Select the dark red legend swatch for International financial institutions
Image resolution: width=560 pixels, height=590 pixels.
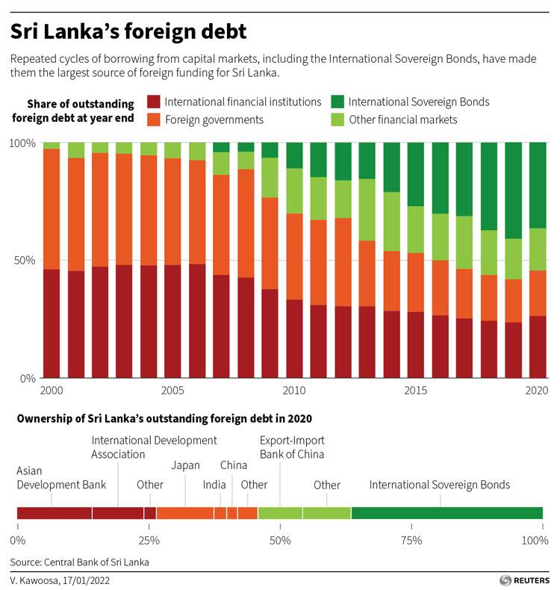(x=153, y=102)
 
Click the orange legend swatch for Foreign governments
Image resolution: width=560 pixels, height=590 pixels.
(x=153, y=119)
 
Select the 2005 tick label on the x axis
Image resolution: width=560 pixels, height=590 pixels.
(x=172, y=391)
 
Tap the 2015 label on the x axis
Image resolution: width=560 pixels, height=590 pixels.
(x=415, y=391)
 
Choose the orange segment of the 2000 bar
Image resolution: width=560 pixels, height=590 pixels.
(x=52, y=208)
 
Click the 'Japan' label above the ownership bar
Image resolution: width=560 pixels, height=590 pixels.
(x=185, y=465)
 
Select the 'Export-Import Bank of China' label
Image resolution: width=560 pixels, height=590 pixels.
(x=292, y=447)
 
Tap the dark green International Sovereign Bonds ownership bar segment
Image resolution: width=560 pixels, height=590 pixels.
(x=447, y=513)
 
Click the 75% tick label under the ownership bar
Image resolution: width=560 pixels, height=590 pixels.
(x=411, y=540)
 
